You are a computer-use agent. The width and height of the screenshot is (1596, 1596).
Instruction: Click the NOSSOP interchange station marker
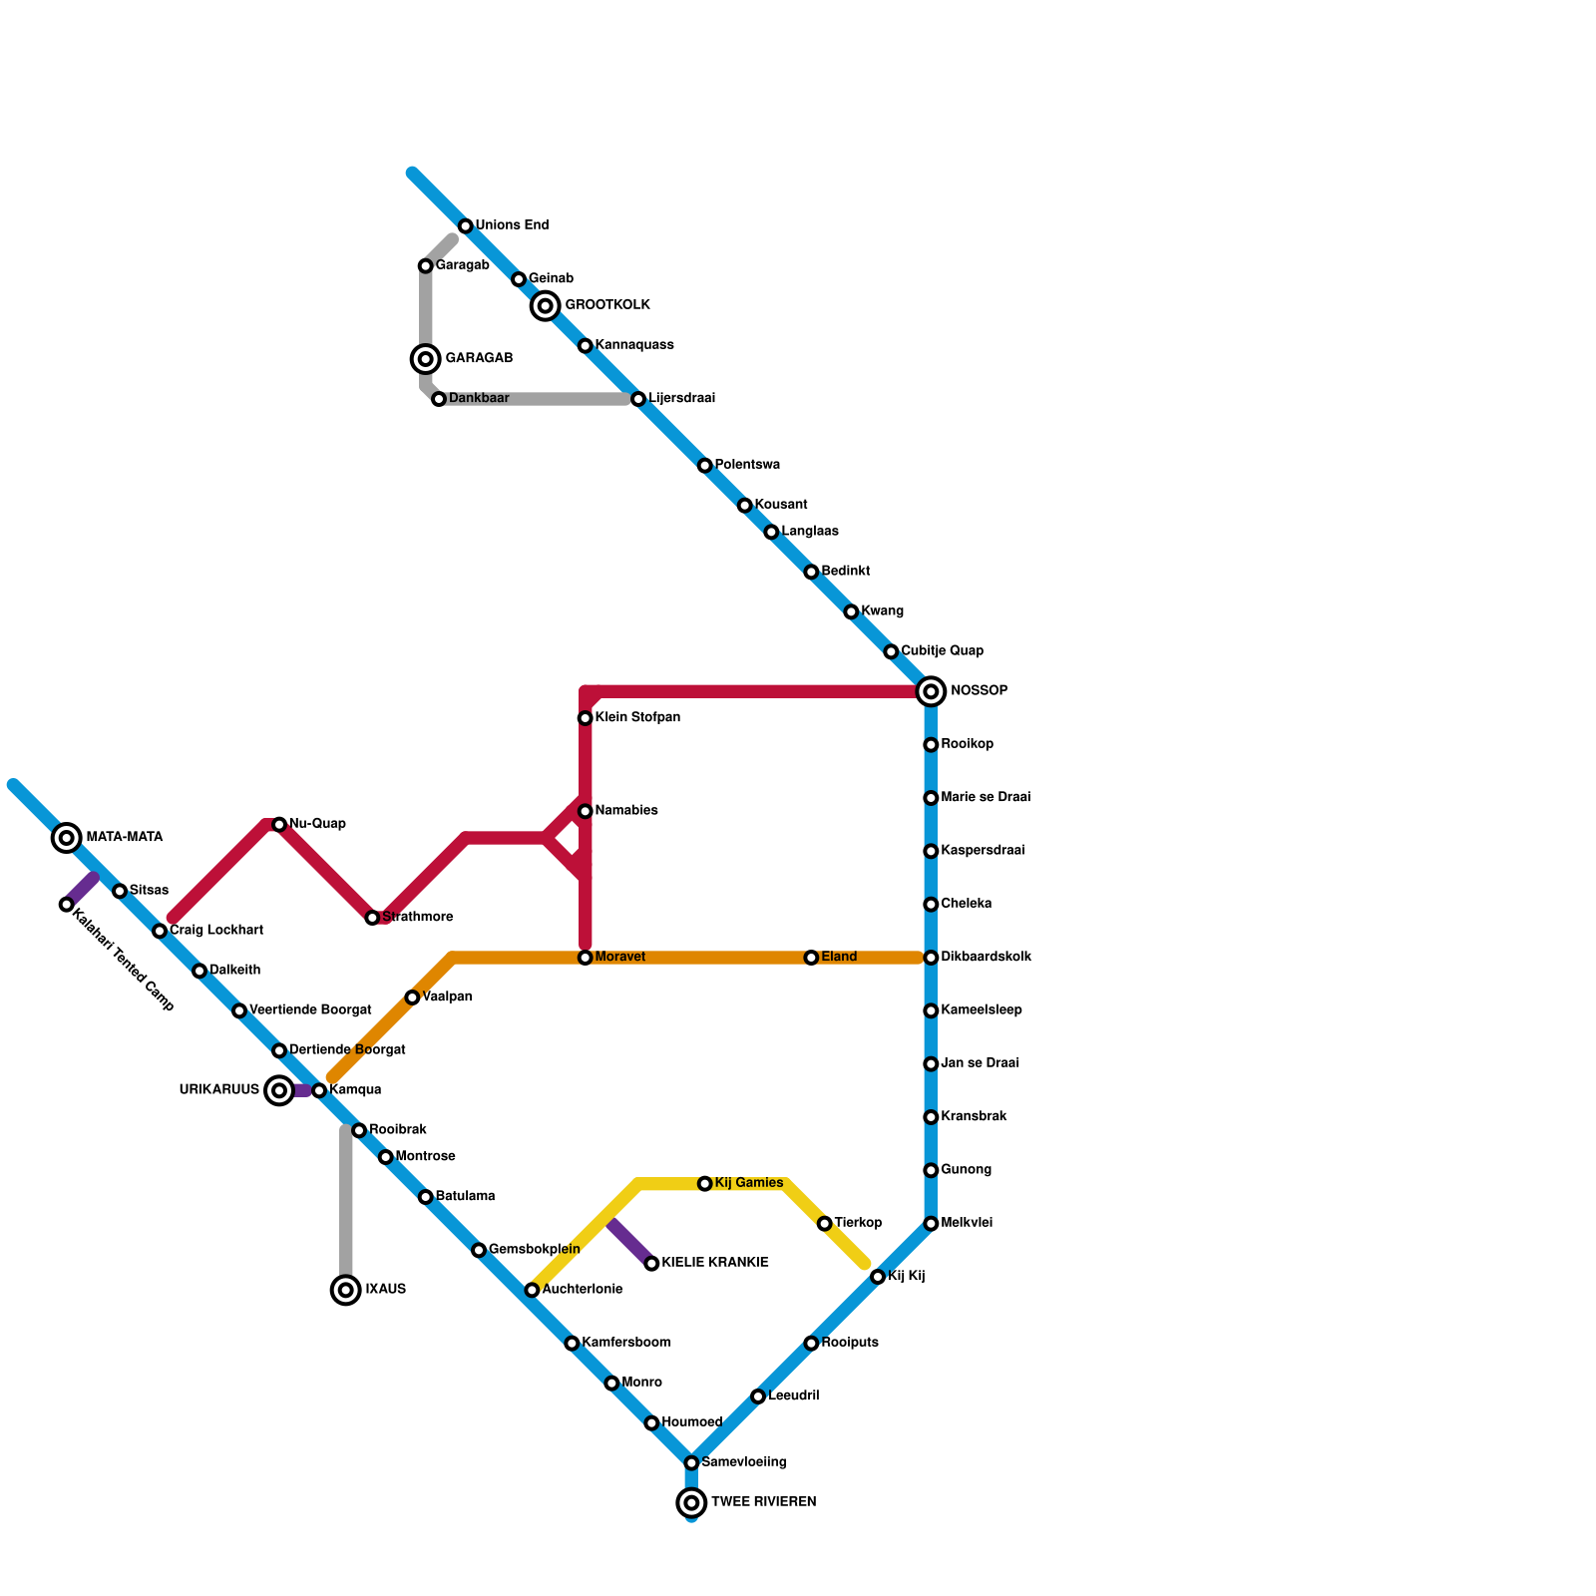[x=931, y=691]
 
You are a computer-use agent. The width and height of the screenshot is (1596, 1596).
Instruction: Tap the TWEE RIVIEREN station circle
[x=691, y=1502]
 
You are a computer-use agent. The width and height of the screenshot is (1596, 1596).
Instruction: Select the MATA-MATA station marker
[x=67, y=838]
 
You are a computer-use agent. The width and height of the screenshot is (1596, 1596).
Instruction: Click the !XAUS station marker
[x=346, y=1290]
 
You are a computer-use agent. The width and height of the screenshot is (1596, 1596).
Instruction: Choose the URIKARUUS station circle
[x=280, y=1090]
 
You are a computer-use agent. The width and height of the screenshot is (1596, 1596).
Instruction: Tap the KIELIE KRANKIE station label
[x=714, y=1263]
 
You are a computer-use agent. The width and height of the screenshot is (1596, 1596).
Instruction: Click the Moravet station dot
[x=586, y=958]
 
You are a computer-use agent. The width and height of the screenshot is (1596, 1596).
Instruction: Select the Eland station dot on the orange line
[x=812, y=958]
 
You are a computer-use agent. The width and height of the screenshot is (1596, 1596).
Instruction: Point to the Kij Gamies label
[x=748, y=1183]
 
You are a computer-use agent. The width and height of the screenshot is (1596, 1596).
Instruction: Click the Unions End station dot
[x=466, y=226]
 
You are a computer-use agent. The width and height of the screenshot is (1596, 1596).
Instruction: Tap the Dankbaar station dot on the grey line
[x=439, y=399]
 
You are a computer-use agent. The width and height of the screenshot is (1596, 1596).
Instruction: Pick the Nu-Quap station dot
[x=279, y=824]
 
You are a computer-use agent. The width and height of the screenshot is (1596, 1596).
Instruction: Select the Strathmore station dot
[x=372, y=918]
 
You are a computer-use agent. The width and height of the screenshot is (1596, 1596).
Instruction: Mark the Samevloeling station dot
[x=691, y=1462]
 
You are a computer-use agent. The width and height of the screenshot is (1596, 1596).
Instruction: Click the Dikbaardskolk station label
[x=986, y=958]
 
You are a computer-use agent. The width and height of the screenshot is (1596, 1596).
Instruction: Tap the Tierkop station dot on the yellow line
[x=825, y=1224]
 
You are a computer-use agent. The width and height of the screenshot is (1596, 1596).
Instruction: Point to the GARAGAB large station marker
[x=426, y=359]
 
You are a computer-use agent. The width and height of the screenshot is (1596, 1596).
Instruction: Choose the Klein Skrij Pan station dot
[x=586, y=718]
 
